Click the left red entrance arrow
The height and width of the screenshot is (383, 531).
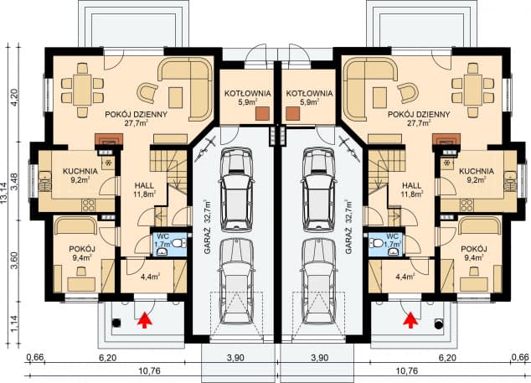[145, 320]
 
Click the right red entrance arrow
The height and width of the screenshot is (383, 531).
[410, 320]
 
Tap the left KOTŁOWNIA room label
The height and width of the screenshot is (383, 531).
[248, 93]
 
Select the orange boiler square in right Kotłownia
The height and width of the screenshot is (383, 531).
[292, 113]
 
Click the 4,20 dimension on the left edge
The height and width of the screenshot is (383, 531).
[14, 98]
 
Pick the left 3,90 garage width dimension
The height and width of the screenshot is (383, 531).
[235, 358]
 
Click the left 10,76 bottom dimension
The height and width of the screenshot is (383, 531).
[149, 371]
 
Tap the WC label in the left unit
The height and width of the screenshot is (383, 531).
[162, 235]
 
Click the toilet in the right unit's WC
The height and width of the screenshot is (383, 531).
[376, 243]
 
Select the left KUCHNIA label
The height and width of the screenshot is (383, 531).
[80, 172]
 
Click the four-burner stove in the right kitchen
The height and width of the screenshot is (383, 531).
[467, 205]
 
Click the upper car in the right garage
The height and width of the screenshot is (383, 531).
[319, 189]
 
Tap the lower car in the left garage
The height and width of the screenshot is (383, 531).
[237, 282]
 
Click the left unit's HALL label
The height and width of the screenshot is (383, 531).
[144, 186]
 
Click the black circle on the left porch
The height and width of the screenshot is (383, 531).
[116, 323]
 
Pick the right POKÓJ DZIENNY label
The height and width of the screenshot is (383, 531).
[419, 115]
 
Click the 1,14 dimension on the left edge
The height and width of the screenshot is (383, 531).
[14, 323]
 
